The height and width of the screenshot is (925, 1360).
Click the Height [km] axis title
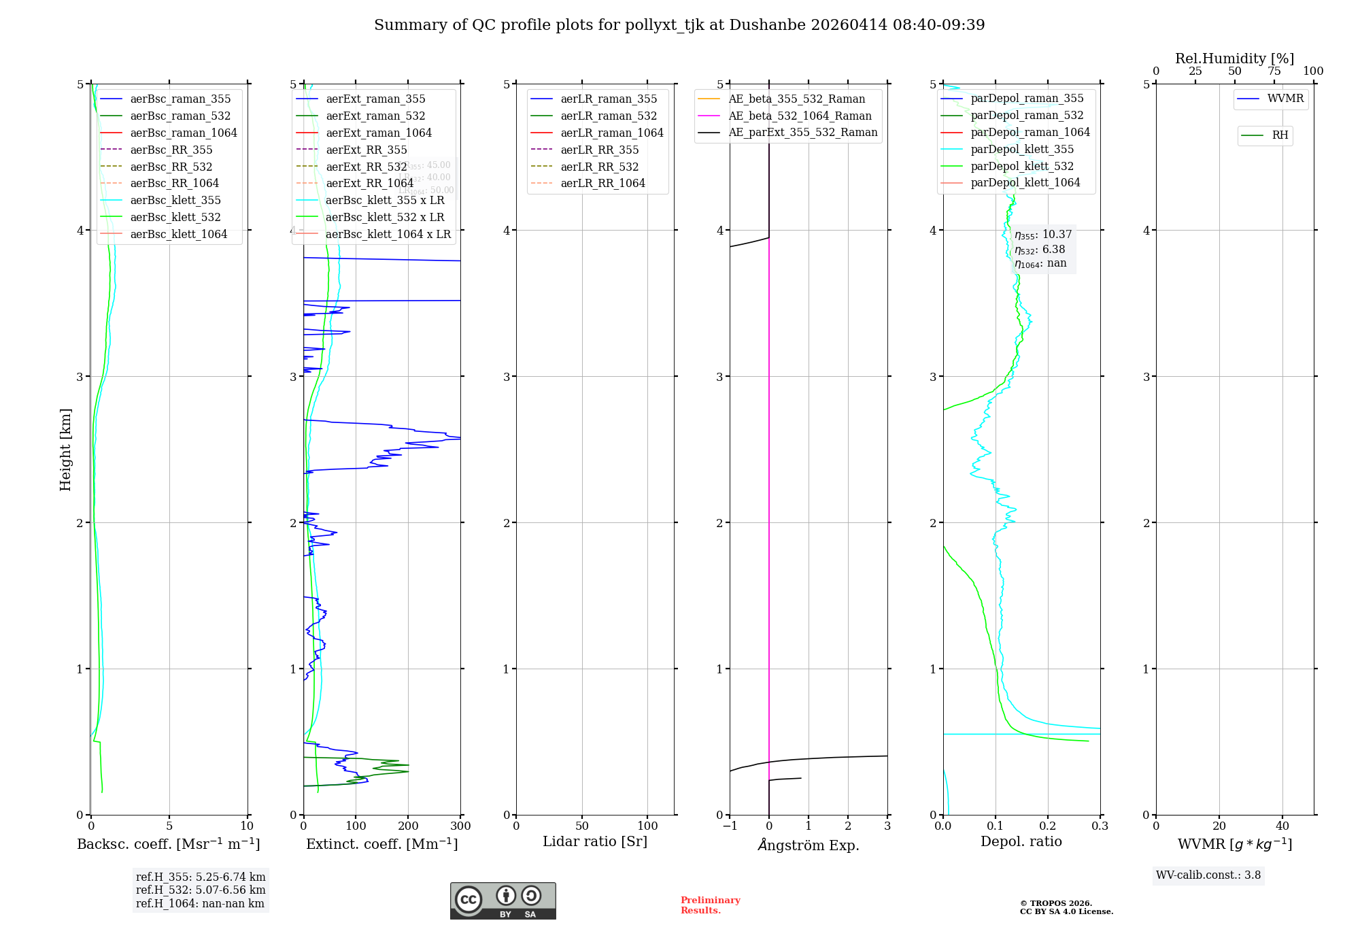tap(65, 450)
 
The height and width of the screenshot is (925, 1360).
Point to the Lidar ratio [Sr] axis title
tap(595, 841)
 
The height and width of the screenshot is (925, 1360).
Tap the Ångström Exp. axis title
tap(808, 845)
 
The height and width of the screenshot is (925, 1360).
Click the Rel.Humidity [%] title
tap(1234, 58)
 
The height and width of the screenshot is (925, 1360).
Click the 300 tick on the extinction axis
tap(460, 826)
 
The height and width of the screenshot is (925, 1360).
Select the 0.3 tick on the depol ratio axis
tap(1100, 826)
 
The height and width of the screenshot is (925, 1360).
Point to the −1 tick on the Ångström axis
tap(730, 826)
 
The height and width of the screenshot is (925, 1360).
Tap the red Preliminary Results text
tap(710, 905)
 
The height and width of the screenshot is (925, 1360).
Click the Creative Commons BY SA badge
tap(503, 901)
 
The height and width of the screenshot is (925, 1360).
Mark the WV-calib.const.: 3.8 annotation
tap(1208, 875)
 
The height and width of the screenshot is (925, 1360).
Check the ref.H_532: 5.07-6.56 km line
tap(201, 890)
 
